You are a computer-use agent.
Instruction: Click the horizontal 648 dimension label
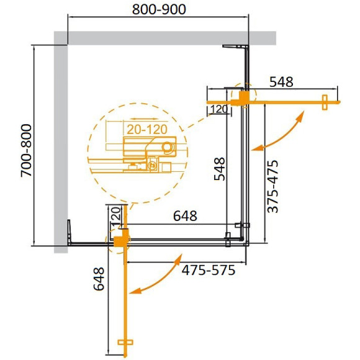(185, 216)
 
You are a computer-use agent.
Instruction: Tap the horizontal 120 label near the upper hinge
(218, 110)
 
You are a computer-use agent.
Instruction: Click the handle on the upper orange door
(325, 102)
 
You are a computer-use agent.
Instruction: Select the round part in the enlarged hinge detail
(168, 147)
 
